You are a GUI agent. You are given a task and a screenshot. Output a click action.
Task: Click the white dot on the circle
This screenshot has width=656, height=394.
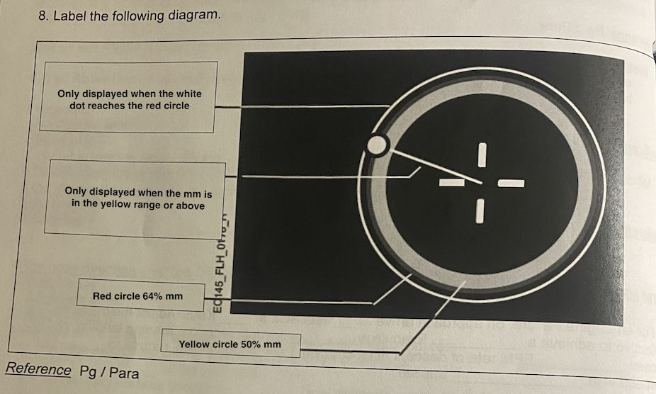[378, 145]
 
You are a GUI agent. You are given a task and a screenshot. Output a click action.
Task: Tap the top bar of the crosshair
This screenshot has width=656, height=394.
[482, 155]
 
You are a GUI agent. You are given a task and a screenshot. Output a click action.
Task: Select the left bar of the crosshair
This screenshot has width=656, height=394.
[451, 184]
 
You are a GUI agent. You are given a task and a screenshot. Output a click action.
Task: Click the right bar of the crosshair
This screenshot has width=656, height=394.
[511, 184]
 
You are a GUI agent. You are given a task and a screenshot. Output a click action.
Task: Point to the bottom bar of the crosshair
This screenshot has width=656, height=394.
[480, 210]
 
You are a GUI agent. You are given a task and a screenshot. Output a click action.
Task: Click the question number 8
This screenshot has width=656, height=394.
[43, 16]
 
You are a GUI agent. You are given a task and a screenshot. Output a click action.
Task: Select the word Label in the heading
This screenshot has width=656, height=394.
[70, 16]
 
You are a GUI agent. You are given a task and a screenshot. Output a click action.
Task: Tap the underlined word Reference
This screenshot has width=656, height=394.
[38, 369]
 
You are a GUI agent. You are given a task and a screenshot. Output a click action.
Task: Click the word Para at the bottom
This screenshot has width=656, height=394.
[124, 372]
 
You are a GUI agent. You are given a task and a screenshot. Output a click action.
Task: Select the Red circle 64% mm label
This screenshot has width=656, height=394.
[137, 295]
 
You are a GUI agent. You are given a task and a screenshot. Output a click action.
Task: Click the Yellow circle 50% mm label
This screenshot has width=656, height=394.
[230, 344]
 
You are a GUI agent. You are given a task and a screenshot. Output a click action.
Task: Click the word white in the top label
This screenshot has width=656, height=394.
[188, 94]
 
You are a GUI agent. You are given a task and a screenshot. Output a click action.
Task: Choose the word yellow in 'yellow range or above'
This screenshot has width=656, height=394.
[114, 206]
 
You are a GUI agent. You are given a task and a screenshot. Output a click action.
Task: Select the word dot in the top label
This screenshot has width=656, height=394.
[78, 106]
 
